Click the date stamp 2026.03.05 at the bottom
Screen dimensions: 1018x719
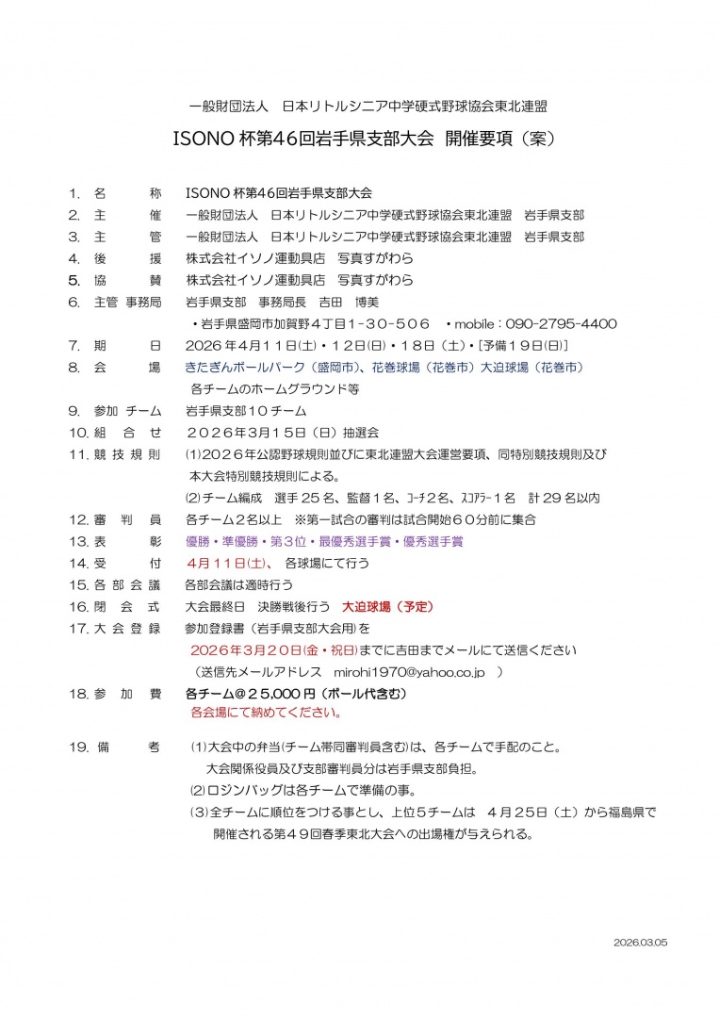(640, 943)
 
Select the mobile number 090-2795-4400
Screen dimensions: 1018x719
(564, 323)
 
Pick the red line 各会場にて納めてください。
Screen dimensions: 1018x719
(266, 713)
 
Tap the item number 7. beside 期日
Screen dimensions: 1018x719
(74, 345)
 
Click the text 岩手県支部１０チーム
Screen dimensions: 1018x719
(245, 411)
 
